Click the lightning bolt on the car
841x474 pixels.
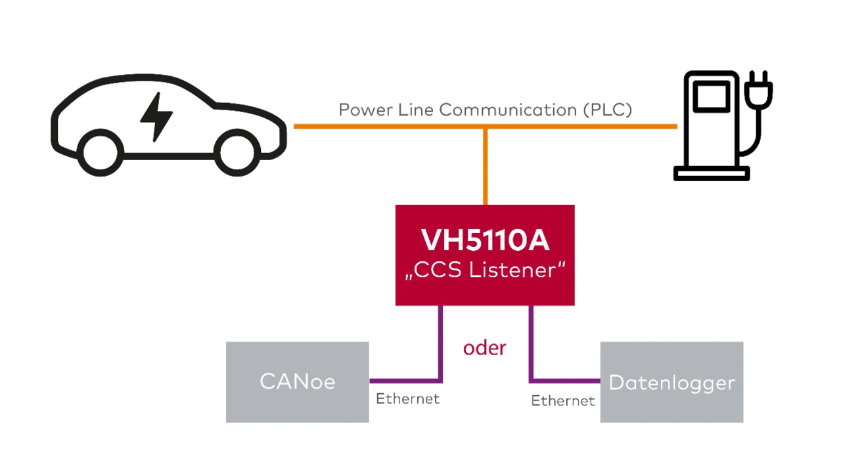tap(156, 117)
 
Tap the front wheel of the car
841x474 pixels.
tap(238, 152)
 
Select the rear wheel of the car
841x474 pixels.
tap(101, 152)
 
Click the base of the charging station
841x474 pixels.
tap(712, 173)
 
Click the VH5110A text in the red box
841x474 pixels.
tap(485, 241)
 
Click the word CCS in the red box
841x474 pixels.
tap(439, 270)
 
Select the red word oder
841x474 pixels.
tap(484, 348)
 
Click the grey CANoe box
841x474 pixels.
tap(297, 382)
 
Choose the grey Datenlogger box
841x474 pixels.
tap(671, 383)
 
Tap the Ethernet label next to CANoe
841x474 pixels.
tap(407, 399)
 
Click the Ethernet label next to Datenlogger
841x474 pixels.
tap(563, 400)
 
